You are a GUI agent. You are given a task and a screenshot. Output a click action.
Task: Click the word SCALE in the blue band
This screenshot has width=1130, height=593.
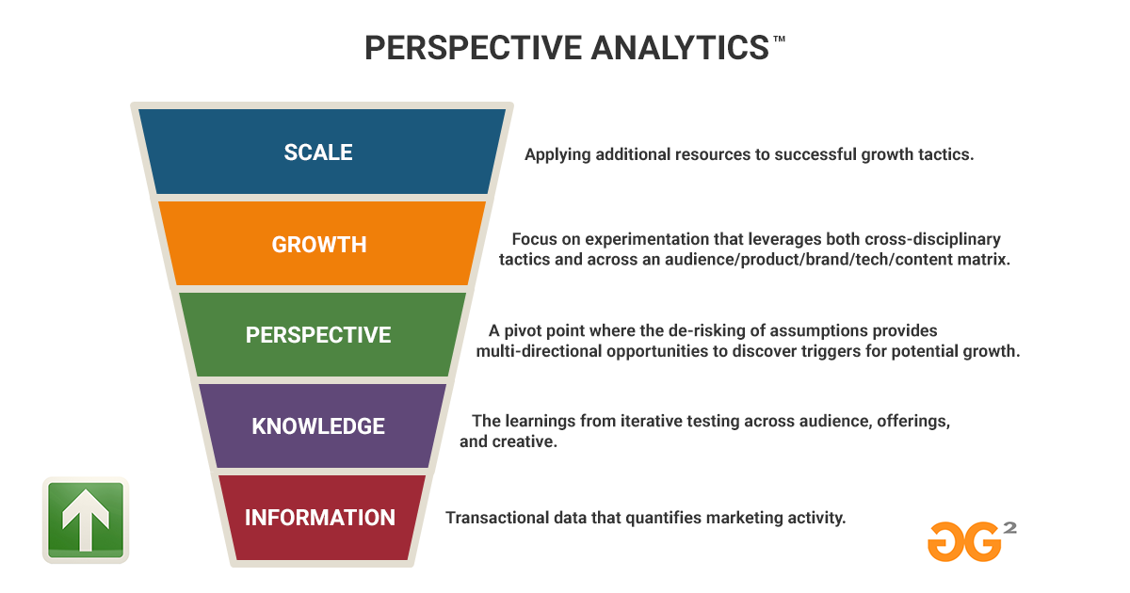point(318,152)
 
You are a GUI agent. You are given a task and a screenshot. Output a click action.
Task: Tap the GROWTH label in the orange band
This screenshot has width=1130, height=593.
point(319,245)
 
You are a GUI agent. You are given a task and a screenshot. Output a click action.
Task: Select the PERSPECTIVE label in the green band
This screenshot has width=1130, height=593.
point(318,335)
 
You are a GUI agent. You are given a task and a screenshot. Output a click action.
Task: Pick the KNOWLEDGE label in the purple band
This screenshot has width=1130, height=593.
point(318,426)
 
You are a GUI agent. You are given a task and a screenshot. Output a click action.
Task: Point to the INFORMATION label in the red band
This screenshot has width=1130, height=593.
point(320,518)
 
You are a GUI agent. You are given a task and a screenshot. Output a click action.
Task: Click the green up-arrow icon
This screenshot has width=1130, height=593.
point(86,520)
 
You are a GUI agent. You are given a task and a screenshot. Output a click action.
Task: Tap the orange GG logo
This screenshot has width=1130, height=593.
point(964,541)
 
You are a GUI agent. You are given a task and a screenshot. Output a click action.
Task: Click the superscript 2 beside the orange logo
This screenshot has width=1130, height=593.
point(1009,528)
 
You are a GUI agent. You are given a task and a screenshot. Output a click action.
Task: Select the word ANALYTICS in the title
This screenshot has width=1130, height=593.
point(680,48)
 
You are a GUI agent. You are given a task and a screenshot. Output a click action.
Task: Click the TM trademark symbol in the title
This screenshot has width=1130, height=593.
point(779,39)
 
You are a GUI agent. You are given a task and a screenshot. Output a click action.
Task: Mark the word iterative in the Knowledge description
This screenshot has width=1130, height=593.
point(651,421)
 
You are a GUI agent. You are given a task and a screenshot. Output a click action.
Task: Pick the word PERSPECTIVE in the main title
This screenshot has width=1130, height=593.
point(473,48)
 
